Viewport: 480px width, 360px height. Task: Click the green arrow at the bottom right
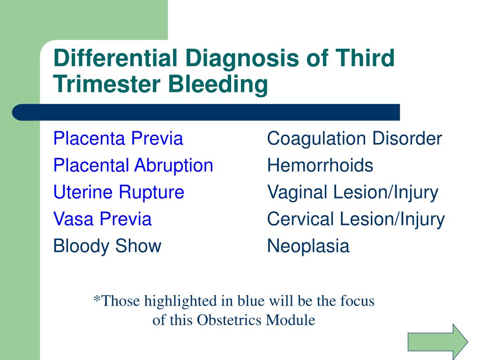[x=438, y=342]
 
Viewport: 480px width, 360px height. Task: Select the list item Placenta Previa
[x=118, y=138]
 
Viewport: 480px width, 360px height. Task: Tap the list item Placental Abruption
[x=133, y=165]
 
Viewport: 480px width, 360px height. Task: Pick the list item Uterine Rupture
[x=119, y=192]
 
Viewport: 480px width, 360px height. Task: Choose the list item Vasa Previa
[x=103, y=219]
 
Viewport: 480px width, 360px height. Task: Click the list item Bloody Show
[x=107, y=246]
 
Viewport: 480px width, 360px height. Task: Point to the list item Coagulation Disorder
[x=354, y=138]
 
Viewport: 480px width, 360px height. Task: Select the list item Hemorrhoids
[x=320, y=165]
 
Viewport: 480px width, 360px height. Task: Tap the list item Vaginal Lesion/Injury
[x=352, y=193]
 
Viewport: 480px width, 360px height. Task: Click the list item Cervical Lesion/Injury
[x=356, y=219]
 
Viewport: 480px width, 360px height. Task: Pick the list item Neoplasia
[x=308, y=246]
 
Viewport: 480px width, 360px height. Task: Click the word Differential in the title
[x=115, y=58]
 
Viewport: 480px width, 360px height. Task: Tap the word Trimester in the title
[x=107, y=84]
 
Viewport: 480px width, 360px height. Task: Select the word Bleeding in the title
[x=218, y=85]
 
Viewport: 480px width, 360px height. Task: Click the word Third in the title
[x=365, y=58]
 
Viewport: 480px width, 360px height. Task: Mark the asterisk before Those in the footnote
[x=97, y=298]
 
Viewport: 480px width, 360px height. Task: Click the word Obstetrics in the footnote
[x=229, y=320]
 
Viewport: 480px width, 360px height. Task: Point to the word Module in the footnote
[x=291, y=320]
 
